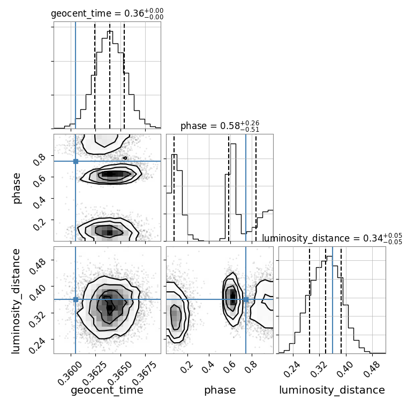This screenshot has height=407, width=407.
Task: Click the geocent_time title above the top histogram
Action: (107, 14)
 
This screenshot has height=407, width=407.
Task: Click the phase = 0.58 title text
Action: (220, 126)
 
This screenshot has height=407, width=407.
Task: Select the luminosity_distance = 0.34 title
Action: (332, 238)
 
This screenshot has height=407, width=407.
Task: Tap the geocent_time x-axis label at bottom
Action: (107, 390)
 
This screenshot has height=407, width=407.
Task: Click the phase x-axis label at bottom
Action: (220, 390)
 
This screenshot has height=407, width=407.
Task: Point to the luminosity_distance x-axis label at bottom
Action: (332, 390)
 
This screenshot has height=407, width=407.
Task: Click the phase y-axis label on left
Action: (17, 187)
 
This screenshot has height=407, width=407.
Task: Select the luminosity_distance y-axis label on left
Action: (16, 300)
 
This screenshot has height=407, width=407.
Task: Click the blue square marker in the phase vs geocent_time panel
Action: (76, 161)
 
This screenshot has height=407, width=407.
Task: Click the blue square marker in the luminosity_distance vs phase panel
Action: (246, 299)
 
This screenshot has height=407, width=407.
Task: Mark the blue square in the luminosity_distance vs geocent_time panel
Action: (76, 299)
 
